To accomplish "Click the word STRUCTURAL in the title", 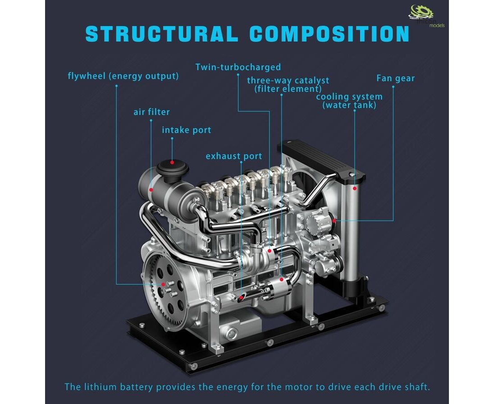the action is click(161, 34).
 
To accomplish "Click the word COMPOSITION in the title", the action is click(329, 34).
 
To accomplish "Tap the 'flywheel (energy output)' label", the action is click(123, 76).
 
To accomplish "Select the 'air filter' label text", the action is click(151, 112).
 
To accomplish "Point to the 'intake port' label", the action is click(187, 130).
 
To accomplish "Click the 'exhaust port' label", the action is click(234, 156).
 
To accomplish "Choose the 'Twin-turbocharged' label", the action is click(238, 67).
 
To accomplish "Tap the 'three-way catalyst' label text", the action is click(288, 80).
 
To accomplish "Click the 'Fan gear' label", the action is click(395, 78).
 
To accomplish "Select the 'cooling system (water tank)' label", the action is click(349, 101).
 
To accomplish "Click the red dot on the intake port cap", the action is click(172, 162).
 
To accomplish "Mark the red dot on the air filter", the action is click(151, 190).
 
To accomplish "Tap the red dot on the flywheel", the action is click(163, 284).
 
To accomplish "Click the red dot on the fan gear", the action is click(334, 220).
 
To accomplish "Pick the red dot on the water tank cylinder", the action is click(354, 188).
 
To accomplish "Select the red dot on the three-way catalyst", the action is click(281, 279).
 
